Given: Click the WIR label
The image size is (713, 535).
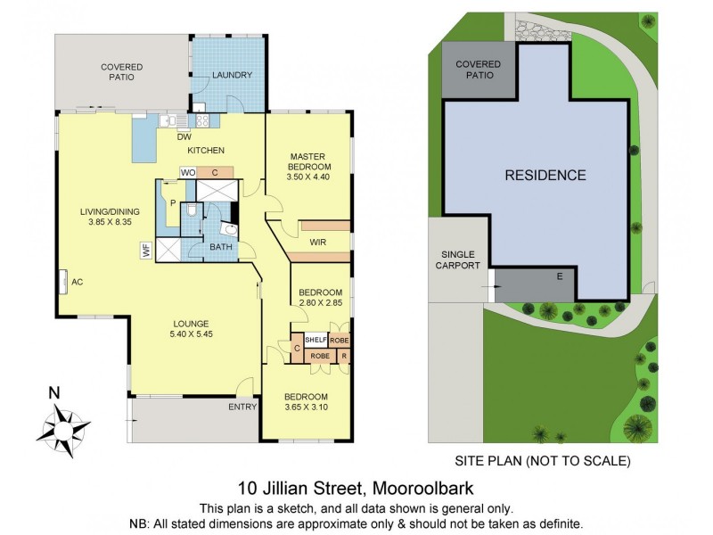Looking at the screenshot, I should pyautogui.click(x=317, y=242).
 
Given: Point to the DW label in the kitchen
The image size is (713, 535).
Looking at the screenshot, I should pyautogui.click(x=184, y=136).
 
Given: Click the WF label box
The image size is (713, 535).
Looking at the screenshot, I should pyautogui.click(x=146, y=251).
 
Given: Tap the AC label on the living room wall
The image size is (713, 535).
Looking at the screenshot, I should pyautogui.click(x=77, y=282).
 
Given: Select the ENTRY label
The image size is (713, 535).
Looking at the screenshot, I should pyautogui.click(x=242, y=407).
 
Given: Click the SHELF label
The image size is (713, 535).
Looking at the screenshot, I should pyautogui.click(x=316, y=340).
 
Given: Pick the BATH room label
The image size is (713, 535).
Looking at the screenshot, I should pyautogui.click(x=220, y=247).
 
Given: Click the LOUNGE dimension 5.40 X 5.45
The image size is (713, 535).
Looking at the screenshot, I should pyautogui.click(x=192, y=334).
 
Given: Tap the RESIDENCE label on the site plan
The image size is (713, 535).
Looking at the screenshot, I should pyautogui.click(x=545, y=175).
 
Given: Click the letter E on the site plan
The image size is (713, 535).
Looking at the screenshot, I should pyautogui.click(x=560, y=276).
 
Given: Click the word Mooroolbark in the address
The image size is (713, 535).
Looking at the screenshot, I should pyautogui.click(x=423, y=488).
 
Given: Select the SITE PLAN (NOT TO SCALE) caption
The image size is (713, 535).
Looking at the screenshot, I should pyautogui.click(x=543, y=461).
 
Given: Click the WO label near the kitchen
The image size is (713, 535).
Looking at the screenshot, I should pyautogui.click(x=188, y=171).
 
